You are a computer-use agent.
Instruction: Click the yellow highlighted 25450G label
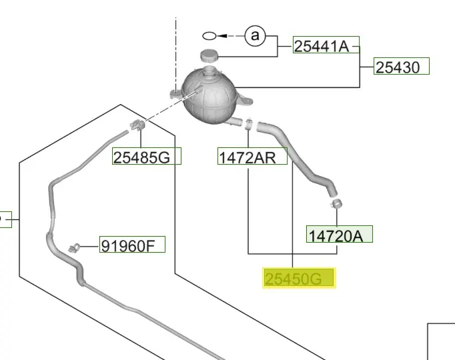[299, 278]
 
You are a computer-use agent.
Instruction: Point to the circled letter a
[255, 36]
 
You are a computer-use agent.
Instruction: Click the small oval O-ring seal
[209, 36]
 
